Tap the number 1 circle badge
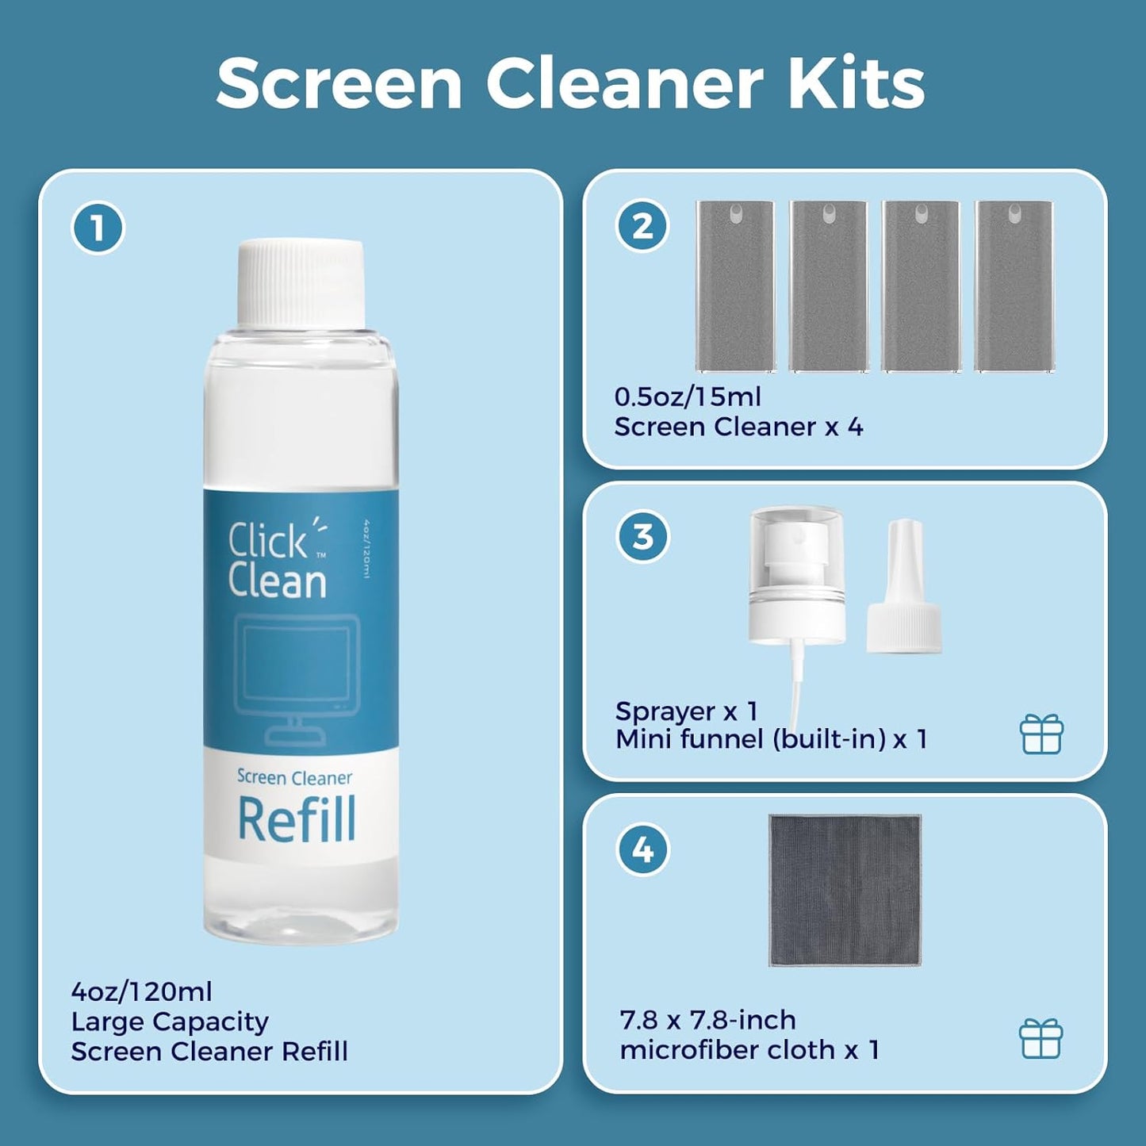tap(98, 228)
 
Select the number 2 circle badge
tap(642, 226)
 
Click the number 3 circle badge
tap(642, 537)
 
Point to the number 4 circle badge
tap(642, 849)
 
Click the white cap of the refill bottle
tap(301, 282)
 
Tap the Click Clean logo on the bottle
tap(277, 560)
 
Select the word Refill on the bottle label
tap(297, 820)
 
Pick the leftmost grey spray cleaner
tap(735, 286)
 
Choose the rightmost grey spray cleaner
tap(1014, 286)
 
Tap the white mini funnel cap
tap(904, 591)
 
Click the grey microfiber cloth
tap(845, 890)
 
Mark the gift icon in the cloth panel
tap(1041, 1038)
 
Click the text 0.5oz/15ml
tap(688, 397)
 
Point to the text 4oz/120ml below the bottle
tap(142, 991)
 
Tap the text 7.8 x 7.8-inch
tap(707, 1020)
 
